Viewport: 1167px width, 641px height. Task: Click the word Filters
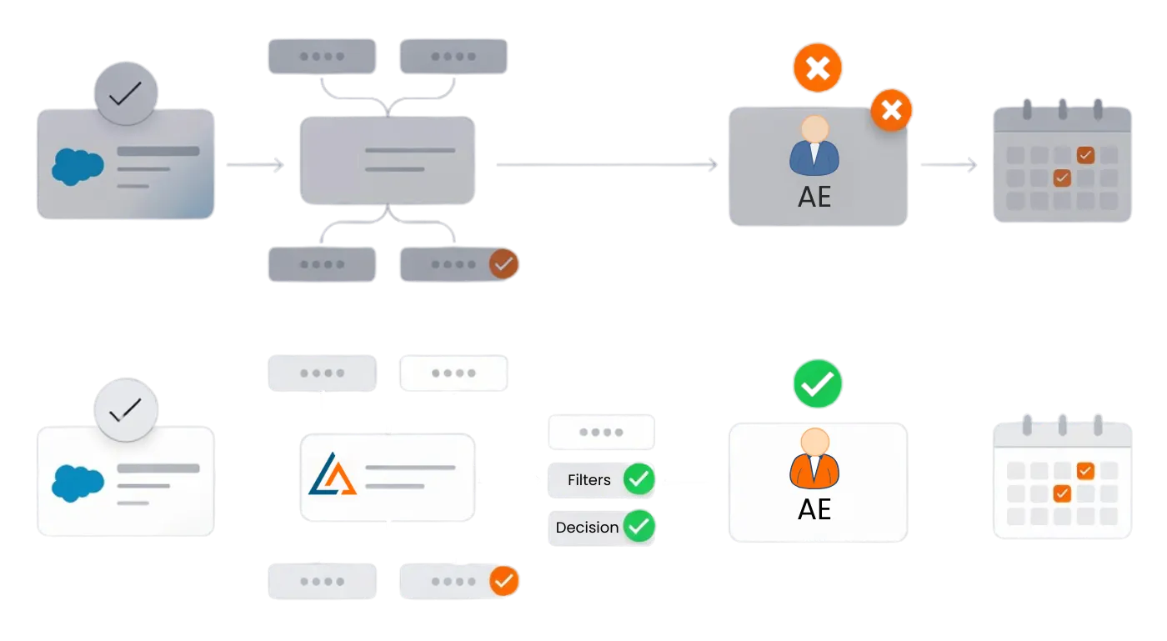(x=589, y=480)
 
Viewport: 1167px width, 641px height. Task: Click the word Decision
(x=587, y=528)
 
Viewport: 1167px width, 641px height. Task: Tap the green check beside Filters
(x=639, y=479)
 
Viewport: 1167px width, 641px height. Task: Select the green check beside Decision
(x=639, y=527)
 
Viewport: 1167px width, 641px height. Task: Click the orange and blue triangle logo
(x=332, y=474)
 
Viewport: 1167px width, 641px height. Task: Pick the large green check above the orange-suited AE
(x=817, y=384)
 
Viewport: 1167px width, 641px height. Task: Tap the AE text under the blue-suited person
(x=814, y=198)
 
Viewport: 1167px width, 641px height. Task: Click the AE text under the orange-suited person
(x=814, y=508)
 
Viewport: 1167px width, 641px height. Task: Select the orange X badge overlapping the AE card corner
(x=891, y=110)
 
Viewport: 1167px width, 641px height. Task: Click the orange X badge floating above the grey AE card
(x=817, y=68)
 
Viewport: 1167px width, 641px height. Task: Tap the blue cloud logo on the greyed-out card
(x=78, y=166)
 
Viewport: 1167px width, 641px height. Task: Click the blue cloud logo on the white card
(x=78, y=483)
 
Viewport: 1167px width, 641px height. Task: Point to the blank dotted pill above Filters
(x=601, y=433)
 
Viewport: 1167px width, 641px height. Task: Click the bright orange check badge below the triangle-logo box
(x=503, y=581)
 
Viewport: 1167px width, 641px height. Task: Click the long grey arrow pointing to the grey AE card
(x=606, y=164)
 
